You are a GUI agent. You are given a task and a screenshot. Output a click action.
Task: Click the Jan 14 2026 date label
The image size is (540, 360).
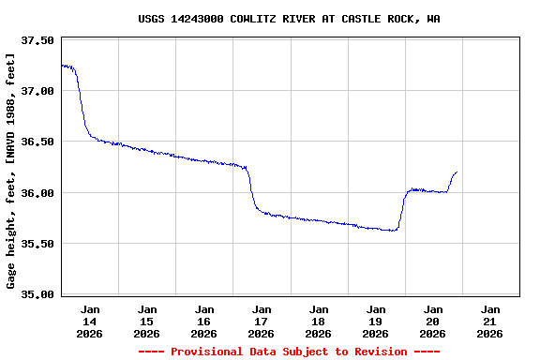tap(90, 321)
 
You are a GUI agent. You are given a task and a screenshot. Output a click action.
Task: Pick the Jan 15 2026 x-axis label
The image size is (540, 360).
tap(147, 321)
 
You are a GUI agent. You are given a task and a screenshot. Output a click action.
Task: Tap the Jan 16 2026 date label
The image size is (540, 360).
tap(204, 321)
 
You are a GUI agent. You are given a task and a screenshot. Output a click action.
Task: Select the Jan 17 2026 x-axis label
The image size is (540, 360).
tap(262, 321)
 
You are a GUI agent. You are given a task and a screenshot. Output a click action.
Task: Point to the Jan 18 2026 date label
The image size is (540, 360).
tap(319, 321)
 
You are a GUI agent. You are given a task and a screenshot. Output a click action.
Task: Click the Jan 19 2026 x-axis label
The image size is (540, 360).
tap(375, 321)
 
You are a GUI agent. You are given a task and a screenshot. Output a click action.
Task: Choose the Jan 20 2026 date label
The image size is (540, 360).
tap(432, 321)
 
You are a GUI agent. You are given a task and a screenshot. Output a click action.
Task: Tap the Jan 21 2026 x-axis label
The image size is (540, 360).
tap(489, 321)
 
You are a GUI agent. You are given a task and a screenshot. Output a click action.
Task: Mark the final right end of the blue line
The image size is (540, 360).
tap(457, 172)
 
